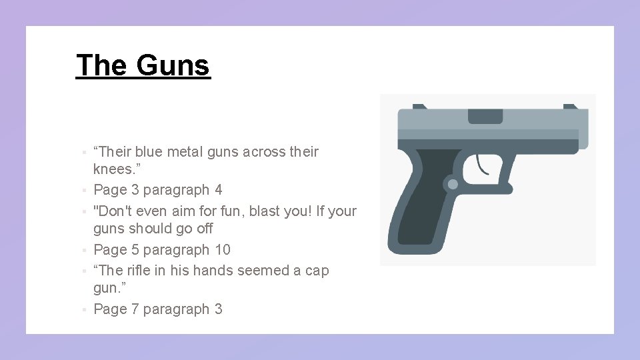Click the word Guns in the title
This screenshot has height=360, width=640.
173,65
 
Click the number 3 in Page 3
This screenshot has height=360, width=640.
135,190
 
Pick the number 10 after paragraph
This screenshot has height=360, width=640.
222,250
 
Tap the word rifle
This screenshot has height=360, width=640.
143,271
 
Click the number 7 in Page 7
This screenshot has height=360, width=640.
135,309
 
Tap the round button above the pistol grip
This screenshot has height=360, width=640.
453,184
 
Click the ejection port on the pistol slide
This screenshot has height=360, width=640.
485,116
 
